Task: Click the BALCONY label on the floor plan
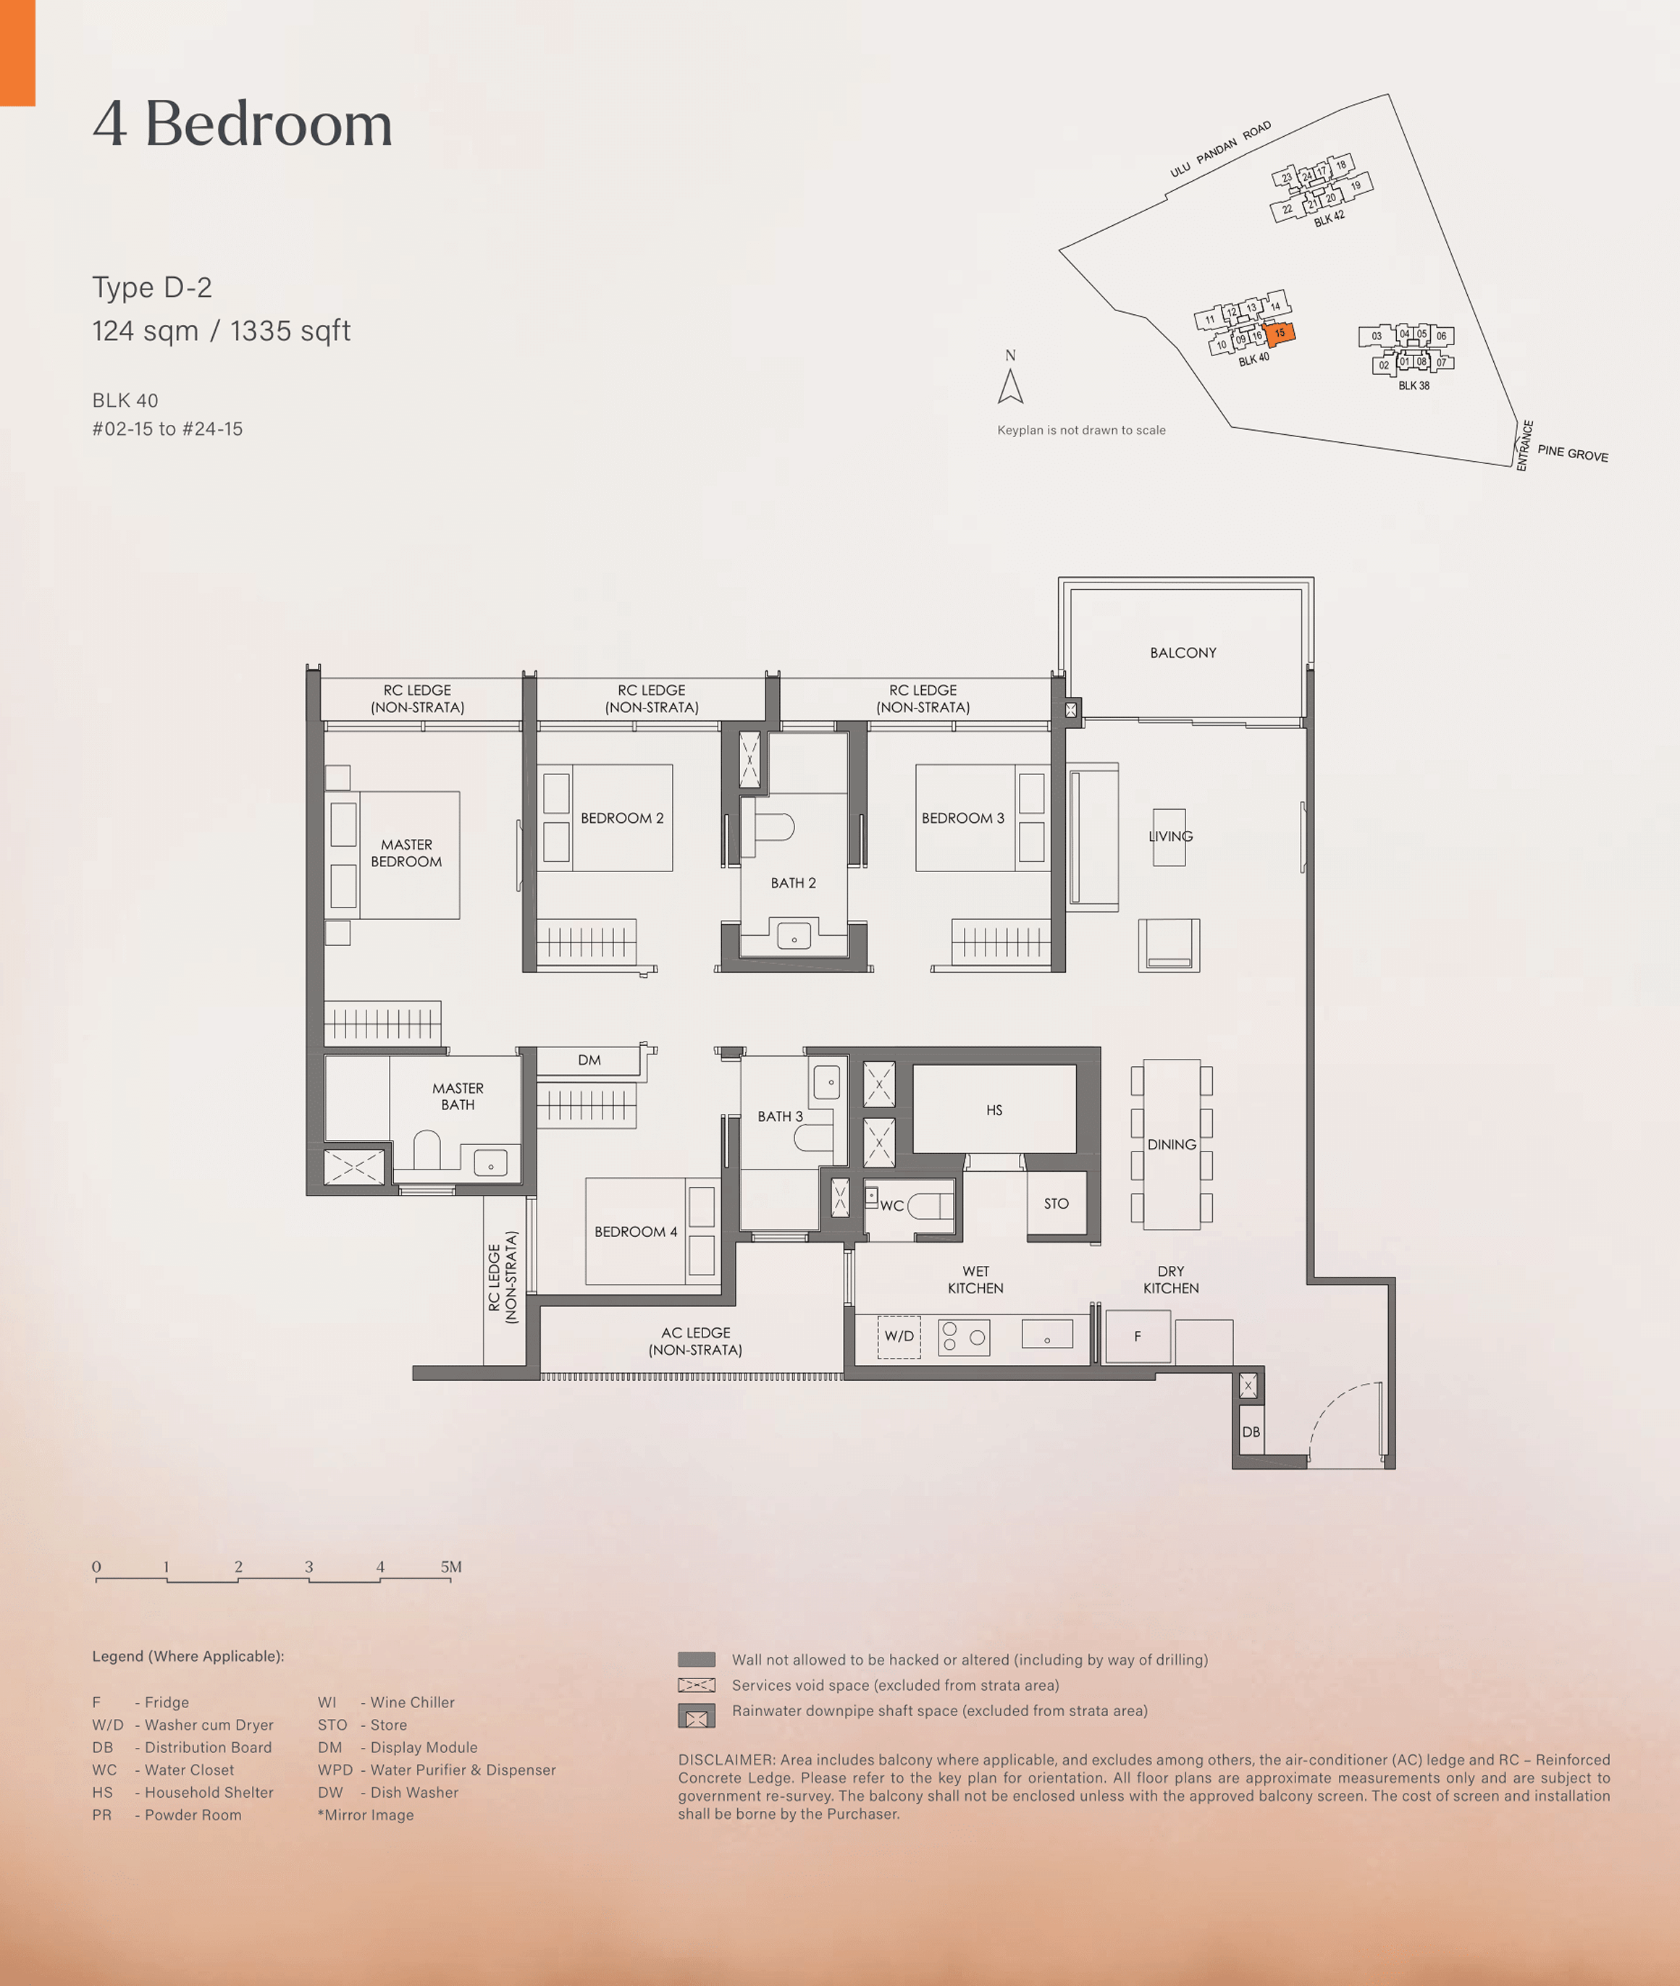click(x=1183, y=653)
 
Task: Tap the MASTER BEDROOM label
click(x=407, y=853)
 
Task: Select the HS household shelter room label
click(x=994, y=1110)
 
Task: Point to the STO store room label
click(x=1057, y=1204)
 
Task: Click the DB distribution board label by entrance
click(x=1251, y=1432)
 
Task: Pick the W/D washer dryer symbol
click(x=899, y=1337)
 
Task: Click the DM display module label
click(x=589, y=1060)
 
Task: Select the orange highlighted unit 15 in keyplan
click(x=1279, y=333)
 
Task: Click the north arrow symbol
click(x=1010, y=386)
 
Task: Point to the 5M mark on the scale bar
click(x=451, y=1566)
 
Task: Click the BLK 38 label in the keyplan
click(x=1414, y=386)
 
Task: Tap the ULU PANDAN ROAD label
click(x=1221, y=150)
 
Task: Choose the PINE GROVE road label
click(x=1572, y=453)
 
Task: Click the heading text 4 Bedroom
click(x=243, y=124)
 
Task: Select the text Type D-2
click(x=152, y=287)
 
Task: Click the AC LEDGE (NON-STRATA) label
click(x=695, y=1340)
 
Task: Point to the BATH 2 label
click(x=794, y=882)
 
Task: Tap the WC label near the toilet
click(x=891, y=1205)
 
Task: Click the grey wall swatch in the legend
click(x=696, y=1660)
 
